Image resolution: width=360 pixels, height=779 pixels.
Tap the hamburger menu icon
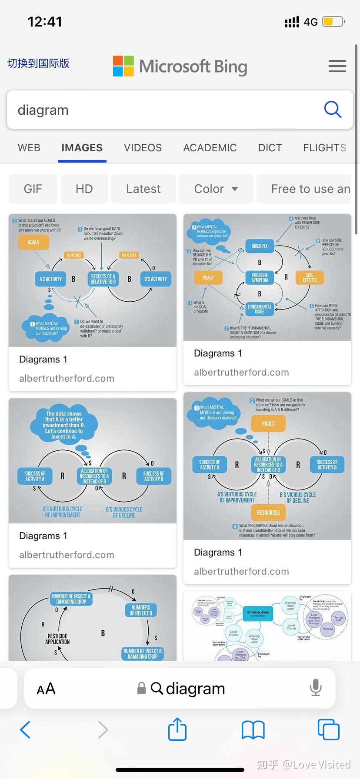[337, 66]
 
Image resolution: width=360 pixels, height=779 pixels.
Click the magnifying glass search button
[333, 110]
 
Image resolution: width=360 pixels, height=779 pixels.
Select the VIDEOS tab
[143, 148]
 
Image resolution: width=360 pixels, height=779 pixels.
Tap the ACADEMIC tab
[210, 148]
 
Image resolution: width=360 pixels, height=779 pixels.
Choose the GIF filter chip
[33, 189]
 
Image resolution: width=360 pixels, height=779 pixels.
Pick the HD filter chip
[84, 189]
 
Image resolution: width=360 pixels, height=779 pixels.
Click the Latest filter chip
[143, 189]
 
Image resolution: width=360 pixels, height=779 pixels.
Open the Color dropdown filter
[216, 189]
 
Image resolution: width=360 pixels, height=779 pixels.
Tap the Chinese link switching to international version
[38, 63]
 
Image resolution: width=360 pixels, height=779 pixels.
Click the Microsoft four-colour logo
[123, 66]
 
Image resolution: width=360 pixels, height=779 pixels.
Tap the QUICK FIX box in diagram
[260, 246]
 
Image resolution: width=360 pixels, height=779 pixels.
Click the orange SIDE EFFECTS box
[310, 278]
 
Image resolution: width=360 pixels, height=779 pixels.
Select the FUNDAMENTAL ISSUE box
[260, 309]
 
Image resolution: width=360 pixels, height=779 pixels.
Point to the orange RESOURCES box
[268, 513]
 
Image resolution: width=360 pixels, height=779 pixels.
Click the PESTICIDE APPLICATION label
[57, 639]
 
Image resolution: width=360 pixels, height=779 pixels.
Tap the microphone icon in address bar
[316, 688]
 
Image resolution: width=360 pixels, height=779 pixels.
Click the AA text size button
[46, 689]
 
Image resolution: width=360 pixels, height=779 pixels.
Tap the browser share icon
[177, 729]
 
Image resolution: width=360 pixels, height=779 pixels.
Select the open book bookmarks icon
[253, 729]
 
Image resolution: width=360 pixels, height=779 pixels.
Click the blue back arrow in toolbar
[26, 729]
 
